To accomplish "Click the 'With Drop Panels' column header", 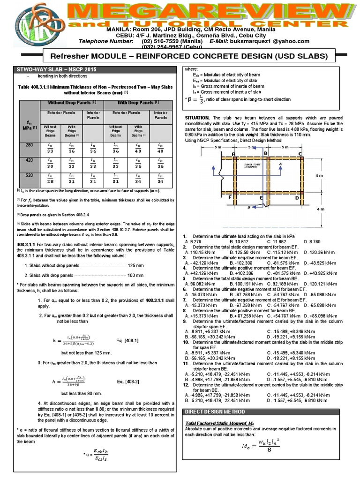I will tap(138, 102).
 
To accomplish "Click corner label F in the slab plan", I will tap(230, 197).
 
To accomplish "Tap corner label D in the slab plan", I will tap(297, 197).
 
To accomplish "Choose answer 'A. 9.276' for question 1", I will tap(194, 241).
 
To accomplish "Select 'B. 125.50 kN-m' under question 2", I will tap(243, 252).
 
